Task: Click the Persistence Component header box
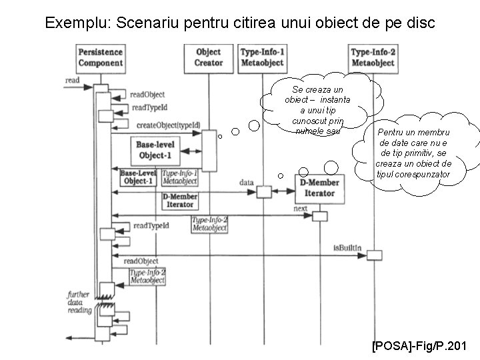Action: click(100, 57)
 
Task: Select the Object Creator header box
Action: click(209, 57)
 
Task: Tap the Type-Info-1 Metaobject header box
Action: click(263, 57)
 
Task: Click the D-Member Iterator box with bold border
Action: click(319, 189)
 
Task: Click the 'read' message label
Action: click(73, 81)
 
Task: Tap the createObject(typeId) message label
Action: click(167, 125)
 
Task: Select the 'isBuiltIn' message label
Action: click(347, 247)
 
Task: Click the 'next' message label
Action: click(300, 209)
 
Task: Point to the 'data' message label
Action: click(246, 183)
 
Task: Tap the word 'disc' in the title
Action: click(419, 23)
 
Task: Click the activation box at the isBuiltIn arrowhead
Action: click(374, 255)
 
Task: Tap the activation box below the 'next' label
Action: click(319, 216)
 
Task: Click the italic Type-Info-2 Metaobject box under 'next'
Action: click(209, 225)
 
